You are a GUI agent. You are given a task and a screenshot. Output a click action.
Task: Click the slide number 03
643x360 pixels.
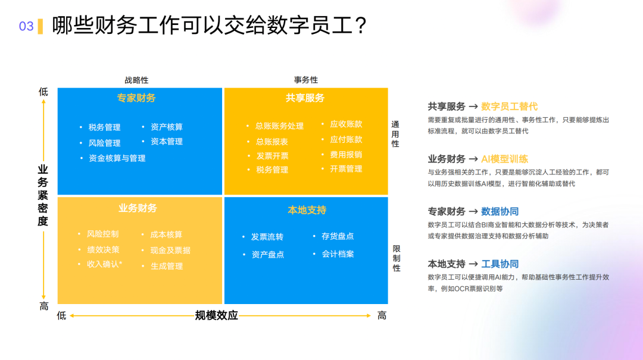(26, 26)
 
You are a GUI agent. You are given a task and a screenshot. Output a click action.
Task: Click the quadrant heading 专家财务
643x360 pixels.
(136, 98)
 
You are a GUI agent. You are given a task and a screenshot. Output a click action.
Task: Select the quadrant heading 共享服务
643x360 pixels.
(305, 98)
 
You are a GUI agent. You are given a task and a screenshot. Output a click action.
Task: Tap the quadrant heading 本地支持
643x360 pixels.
(307, 210)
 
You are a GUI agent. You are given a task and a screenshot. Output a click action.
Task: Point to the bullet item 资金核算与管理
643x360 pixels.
(117, 158)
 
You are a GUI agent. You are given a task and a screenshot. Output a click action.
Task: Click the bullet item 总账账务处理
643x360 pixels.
(279, 126)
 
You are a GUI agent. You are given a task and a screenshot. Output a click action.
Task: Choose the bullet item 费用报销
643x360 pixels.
(346, 154)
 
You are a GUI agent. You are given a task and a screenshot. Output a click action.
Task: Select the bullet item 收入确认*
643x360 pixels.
(105, 264)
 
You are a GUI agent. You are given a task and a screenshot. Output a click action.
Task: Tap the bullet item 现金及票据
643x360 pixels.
(170, 251)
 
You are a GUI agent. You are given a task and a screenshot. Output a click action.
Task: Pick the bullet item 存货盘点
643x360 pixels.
(338, 236)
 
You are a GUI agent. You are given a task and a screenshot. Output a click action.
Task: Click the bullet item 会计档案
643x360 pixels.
(338, 254)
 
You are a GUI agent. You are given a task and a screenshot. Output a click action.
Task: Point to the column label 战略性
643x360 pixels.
(136, 80)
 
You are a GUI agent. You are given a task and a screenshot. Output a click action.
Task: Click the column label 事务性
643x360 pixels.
(305, 80)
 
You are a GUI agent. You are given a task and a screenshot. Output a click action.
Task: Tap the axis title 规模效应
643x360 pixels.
(217, 315)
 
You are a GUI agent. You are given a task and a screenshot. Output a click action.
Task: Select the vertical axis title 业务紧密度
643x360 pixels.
(43, 196)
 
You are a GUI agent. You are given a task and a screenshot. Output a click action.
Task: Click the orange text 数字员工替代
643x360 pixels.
(509, 107)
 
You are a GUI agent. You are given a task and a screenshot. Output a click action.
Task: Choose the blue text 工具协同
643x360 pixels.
(500, 264)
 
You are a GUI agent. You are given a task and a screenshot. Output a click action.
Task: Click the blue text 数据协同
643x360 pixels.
(500, 211)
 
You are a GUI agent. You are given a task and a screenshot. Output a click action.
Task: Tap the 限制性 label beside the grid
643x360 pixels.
(396, 258)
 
